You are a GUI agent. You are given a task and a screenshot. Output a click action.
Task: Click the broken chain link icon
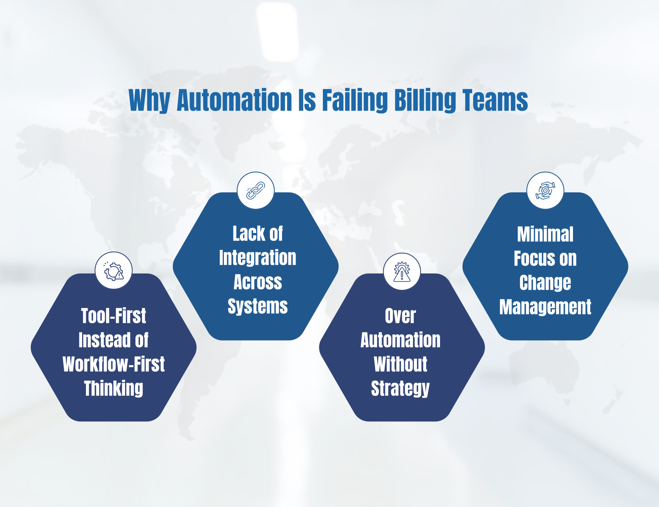click(x=256, y=191)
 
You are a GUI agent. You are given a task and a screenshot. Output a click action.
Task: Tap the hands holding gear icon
click(x=545, y=191)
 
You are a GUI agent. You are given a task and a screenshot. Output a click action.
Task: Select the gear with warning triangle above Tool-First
click(x=114, y=271)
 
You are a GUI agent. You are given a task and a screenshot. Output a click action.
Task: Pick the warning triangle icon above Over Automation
click(x=402, y=272)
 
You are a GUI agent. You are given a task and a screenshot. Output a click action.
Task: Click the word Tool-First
click(x=114, y=316)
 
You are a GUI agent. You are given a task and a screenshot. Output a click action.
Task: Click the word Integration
click(x=257, y=258)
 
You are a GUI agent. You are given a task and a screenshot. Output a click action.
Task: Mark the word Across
click(x=257, y=282)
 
